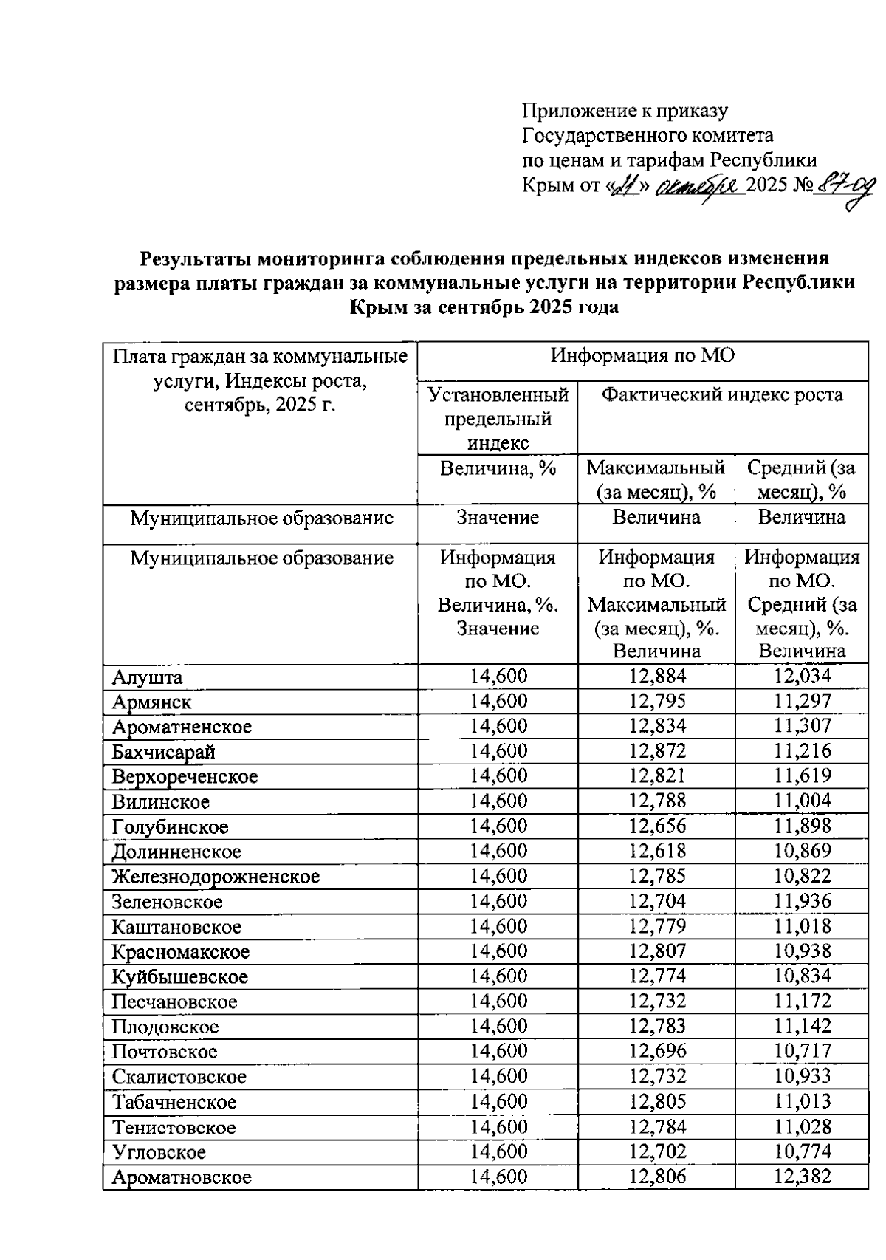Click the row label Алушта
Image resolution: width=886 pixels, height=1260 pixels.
coord(148,677)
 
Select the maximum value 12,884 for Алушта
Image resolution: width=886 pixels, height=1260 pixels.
coord(657,676)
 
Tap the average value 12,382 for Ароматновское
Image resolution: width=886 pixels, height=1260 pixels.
coord(802,1177)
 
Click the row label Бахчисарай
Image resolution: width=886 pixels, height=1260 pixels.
coord(164,753)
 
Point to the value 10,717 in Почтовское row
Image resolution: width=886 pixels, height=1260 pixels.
coord(802,1051)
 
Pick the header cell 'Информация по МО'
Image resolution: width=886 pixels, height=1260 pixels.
coord(642,356)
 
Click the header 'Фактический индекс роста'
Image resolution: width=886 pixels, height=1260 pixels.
coord(722,395)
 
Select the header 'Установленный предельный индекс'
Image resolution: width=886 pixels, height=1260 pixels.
coord(498,419)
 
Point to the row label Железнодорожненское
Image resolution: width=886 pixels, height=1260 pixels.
coord(216,877)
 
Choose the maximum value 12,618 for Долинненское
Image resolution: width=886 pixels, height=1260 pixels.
coord(657,851)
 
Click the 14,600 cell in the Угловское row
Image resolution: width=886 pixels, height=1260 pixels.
coord(498,1151)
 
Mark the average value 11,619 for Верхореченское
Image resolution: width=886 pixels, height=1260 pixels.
coord(802,775)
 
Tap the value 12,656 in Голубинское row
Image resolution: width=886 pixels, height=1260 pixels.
coord(657,826)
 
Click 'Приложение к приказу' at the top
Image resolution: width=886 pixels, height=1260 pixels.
coord(625,111)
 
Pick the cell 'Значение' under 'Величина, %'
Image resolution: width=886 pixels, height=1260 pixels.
coord(498,518)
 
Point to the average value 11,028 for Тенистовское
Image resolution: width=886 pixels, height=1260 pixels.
coord(802,1126)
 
